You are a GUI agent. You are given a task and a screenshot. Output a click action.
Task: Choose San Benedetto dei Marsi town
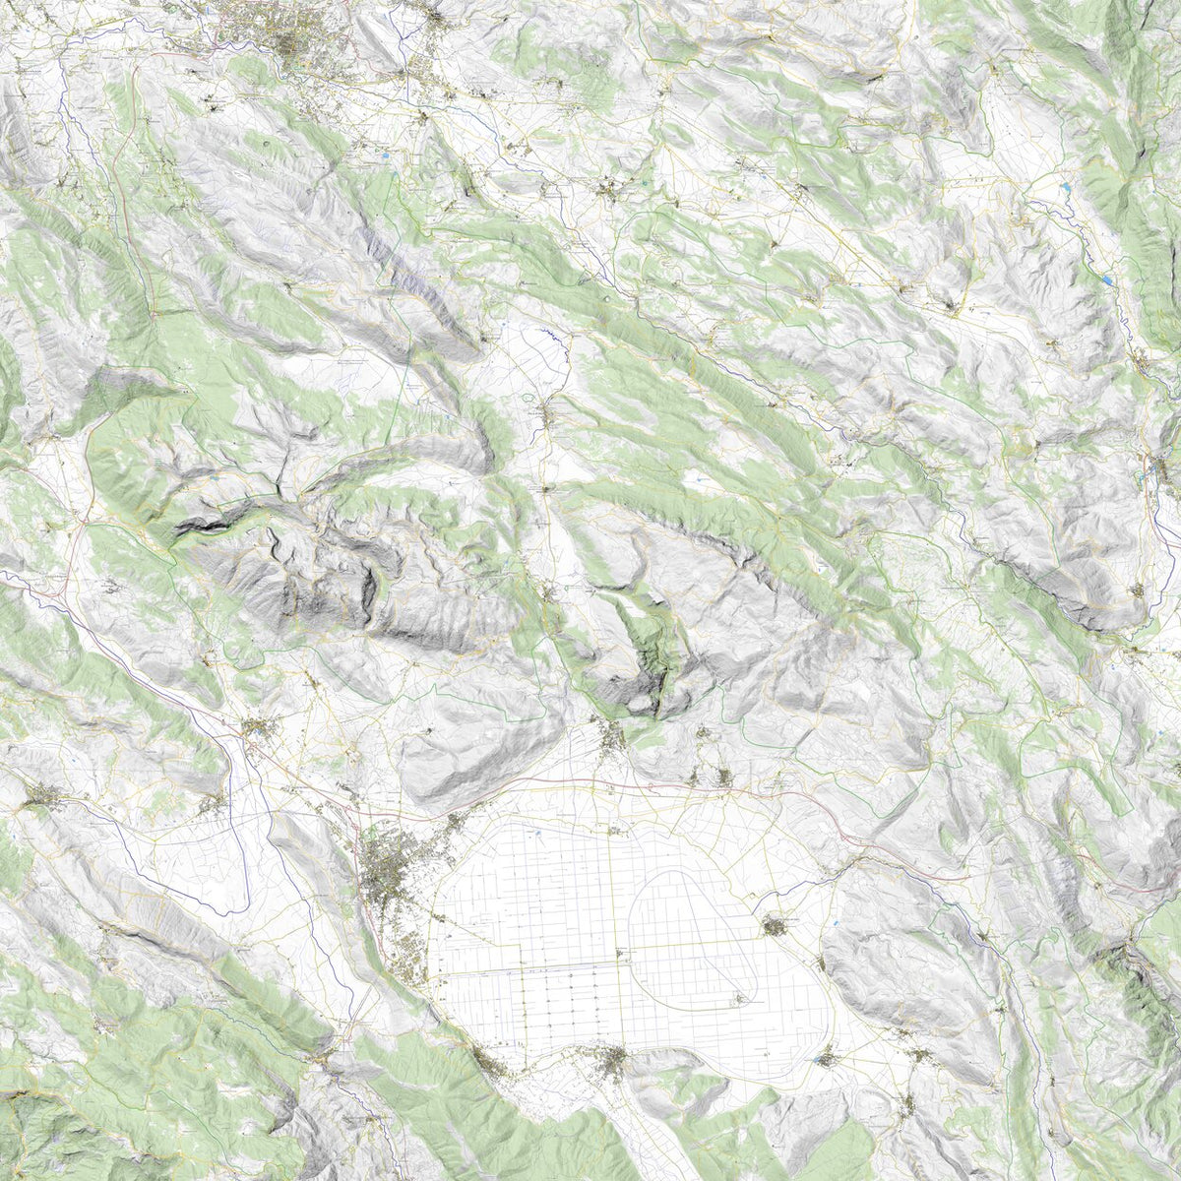point(777,925)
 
